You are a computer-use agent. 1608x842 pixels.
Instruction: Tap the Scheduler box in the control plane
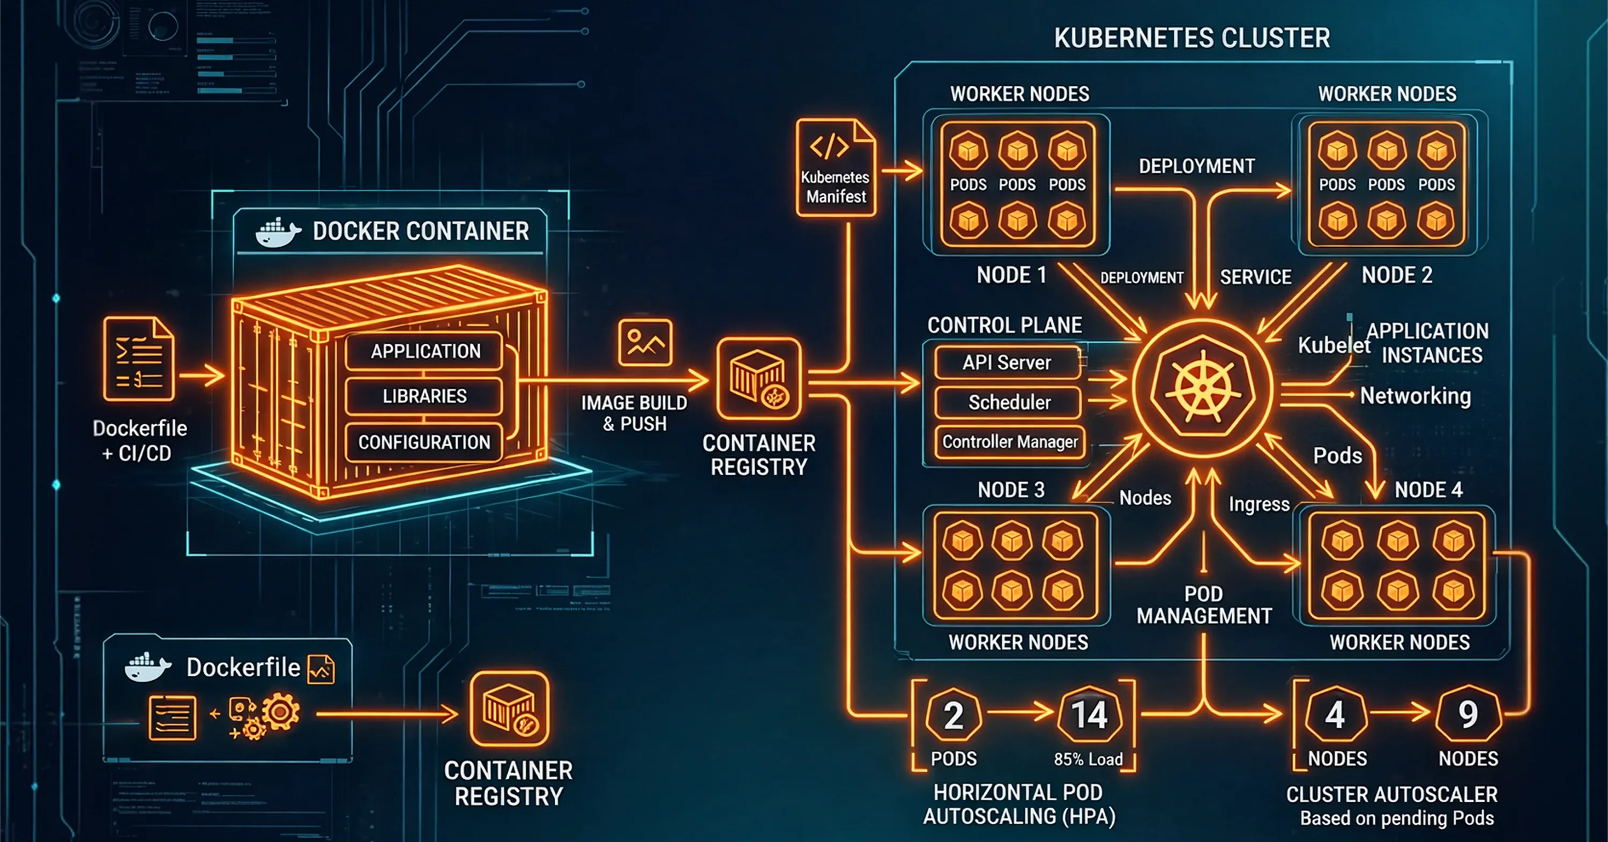coord(1008,402)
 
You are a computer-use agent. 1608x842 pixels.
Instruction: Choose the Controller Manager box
coord(1009,441)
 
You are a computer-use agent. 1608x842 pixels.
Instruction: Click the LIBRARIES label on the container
coord(425,396)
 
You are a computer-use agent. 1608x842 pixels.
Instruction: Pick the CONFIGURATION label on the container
coord(425,442)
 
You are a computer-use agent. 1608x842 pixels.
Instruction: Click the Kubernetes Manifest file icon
coord(835,167)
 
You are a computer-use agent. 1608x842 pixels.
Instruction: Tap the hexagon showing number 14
coord(1089,715)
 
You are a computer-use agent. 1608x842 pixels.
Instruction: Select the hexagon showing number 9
coord(1468,715)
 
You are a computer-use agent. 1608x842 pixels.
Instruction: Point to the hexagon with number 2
coord(953,715)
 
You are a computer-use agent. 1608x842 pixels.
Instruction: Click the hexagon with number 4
coord(1335,715)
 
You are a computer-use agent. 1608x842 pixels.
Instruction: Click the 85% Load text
coord(1088,759)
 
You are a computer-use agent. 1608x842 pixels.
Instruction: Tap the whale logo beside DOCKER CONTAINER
coord(277,232)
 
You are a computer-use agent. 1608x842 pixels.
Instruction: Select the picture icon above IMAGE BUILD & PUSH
coord(645,342)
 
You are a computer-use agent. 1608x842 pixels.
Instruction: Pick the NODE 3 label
coord(1010,490)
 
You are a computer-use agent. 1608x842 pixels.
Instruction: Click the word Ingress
coord(1259,504)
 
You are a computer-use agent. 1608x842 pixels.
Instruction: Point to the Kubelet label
coord(1334,345)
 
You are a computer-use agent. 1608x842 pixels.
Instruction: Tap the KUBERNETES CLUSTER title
coord(1192,38)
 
